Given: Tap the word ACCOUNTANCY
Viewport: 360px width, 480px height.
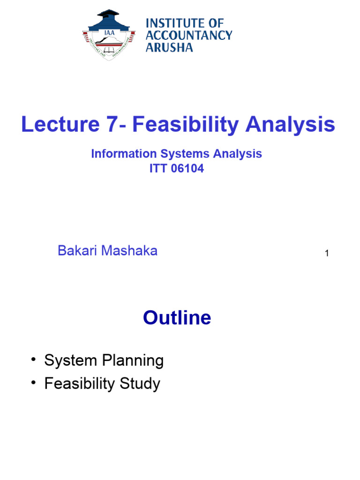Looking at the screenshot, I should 189,35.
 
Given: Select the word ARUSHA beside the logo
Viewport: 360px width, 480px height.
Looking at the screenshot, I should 169,47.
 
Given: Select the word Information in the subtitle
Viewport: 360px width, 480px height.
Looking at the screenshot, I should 119,154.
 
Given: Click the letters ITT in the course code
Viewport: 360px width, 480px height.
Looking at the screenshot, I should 158,169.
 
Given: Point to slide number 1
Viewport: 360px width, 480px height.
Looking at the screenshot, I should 327,254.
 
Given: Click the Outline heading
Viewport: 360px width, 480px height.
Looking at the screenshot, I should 177,318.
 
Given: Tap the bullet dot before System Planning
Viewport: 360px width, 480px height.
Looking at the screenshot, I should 34,360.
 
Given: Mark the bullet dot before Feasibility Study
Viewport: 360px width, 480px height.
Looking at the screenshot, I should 34,383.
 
